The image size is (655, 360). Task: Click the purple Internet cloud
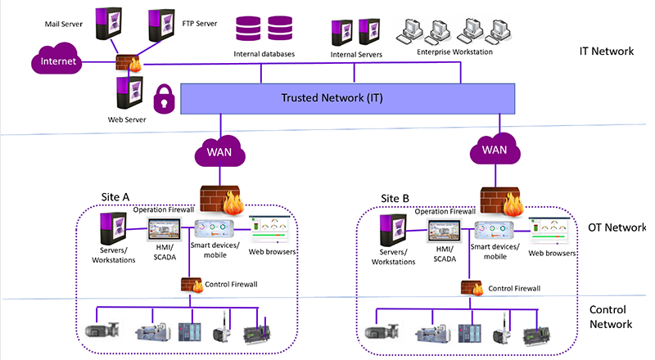pos(58,61)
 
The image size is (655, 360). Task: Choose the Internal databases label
pos(264,54)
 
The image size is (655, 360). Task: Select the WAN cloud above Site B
pos(494,150)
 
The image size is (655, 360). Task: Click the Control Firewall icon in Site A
pos(194,285)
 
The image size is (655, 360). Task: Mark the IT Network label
pos(606,51)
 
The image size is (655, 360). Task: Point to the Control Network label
pos(611,317)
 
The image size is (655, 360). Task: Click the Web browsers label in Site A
pos(272,251)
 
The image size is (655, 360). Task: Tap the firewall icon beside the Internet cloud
pos(129,64)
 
